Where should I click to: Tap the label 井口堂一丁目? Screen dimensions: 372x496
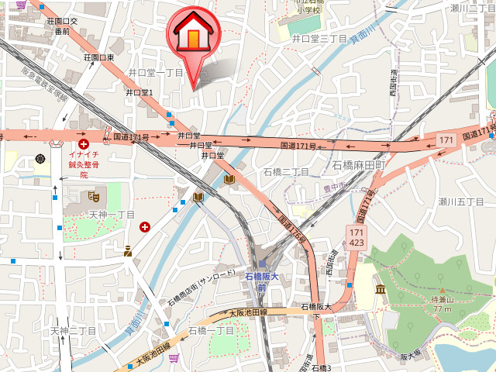155,72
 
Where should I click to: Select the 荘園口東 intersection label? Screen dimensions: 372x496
99,57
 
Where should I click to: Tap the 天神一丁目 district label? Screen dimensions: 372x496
112,214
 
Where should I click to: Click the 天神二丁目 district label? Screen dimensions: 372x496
74,330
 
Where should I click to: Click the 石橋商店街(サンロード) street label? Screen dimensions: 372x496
201,288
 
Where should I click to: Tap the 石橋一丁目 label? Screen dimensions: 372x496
212,330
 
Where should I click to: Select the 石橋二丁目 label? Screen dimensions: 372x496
286,171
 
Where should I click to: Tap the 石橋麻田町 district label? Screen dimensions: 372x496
359,165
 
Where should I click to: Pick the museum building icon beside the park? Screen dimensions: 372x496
380,290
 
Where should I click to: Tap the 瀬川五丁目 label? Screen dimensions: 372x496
461,201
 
